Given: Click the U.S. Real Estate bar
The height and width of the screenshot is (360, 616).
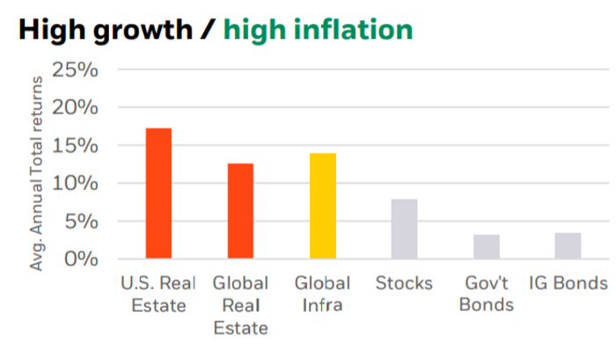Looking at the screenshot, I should coord(158,194).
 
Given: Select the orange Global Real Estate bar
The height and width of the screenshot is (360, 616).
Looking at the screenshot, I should coord(240,211).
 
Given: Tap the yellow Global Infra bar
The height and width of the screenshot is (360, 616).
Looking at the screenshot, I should coord(322,206).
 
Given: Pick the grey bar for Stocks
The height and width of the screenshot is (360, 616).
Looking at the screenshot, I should coord(404,229).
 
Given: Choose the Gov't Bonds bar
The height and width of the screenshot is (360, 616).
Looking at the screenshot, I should coord(486,246).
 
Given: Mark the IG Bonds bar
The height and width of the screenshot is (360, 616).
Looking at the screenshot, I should coord(568,246).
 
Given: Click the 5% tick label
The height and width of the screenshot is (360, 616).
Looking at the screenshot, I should coord(81,221).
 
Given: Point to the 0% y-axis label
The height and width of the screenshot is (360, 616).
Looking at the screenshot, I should coord(81,259).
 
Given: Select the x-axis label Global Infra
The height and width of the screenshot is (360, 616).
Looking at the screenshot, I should coord(322,295).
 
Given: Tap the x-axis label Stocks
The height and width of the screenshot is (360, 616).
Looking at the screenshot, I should coord(404,283).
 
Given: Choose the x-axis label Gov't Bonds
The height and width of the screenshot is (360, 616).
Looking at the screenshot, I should coord(486,295).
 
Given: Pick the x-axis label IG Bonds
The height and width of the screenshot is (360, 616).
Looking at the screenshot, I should coord(568,283).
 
